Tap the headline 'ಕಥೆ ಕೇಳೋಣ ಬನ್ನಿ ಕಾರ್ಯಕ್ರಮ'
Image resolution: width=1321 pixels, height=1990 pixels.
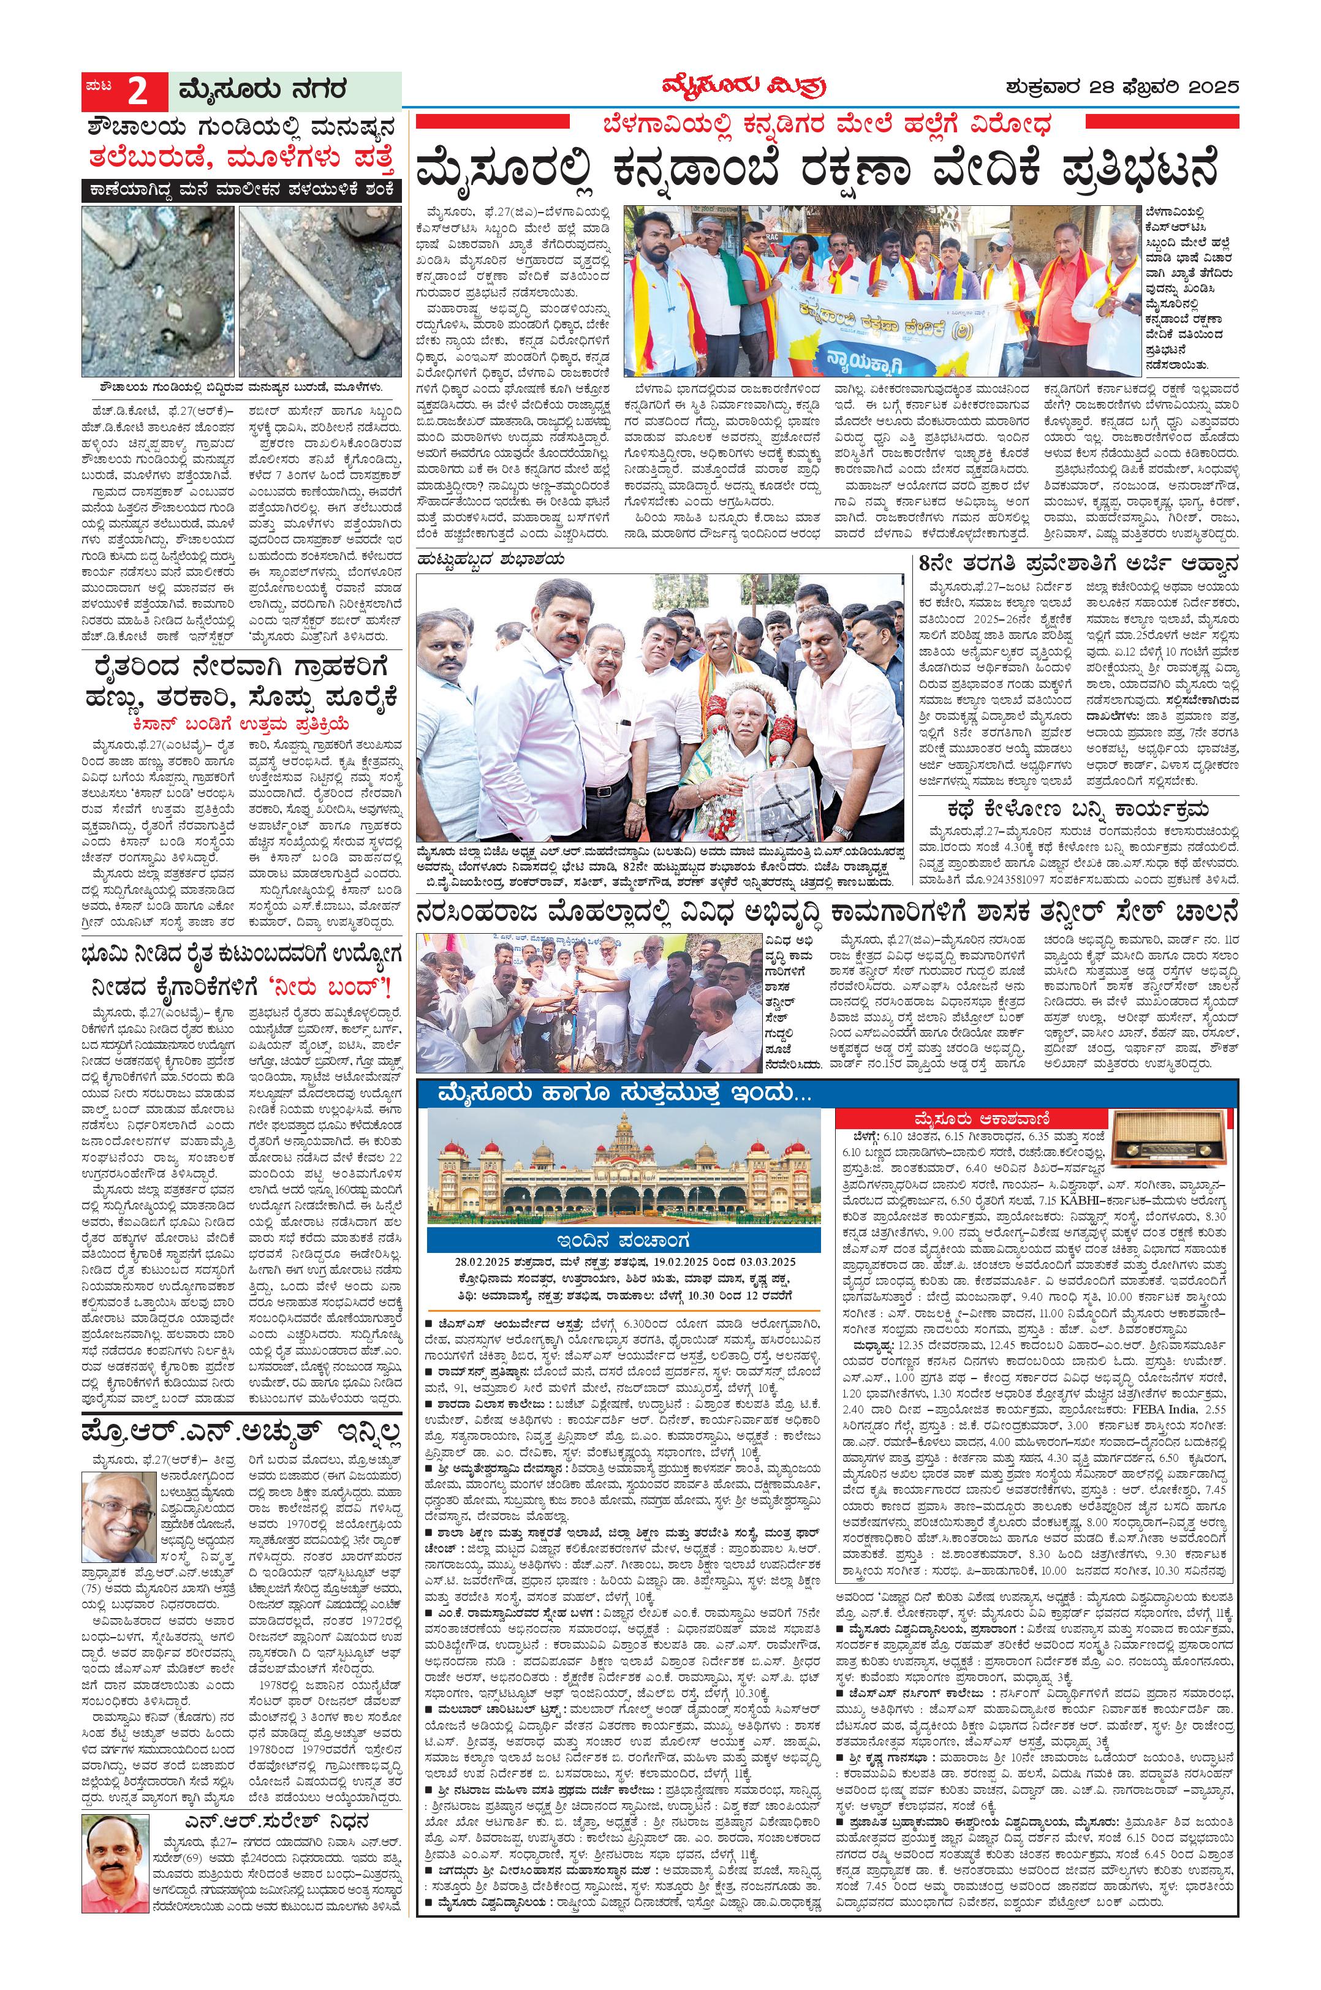point(1078,811)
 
